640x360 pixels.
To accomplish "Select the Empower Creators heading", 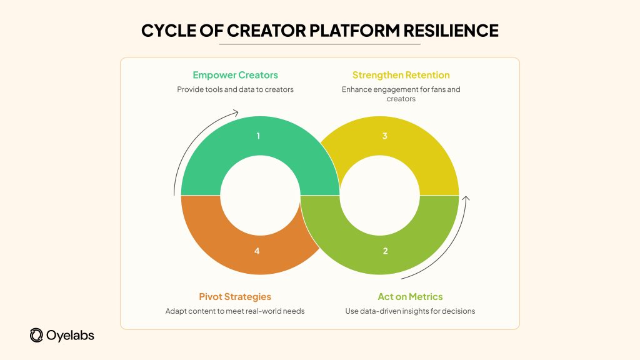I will [x=235, y=75].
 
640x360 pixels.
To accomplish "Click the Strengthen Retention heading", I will [x=401, y=75].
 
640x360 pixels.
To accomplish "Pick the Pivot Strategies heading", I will [x=235, y=296].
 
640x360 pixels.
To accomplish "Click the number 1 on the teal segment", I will [x=257, y=136].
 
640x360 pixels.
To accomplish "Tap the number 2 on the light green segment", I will [x=385, y=251].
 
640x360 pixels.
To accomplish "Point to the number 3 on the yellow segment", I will [x=385, y=136].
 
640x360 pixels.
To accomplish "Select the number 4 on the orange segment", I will [x=257, y=251].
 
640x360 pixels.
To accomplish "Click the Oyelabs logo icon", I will [x=36, y=336].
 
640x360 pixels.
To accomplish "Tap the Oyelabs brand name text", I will [x=70, y=336].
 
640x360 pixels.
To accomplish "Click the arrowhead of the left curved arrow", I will [x=235, y=113].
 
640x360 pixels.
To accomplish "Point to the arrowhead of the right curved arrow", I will [x=466, y=199].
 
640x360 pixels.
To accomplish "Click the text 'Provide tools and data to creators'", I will [x=235, y=89].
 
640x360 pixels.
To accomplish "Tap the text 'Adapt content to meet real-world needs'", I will [x=235, y=311].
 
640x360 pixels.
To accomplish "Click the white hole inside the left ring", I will [x=251, y=194].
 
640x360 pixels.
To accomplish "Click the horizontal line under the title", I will [x=319, y=44].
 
